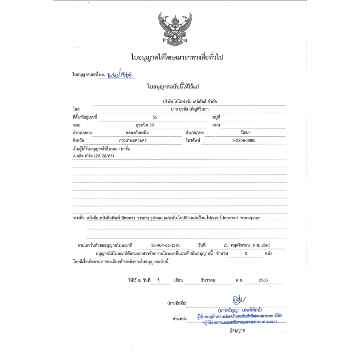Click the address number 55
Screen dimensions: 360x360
pyautogui.click(x=155, y=117)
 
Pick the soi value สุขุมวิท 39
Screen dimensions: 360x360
pyautogui.click(x=142, y=125)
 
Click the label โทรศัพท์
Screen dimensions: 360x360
pyautogui.click(x=194, y=141)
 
